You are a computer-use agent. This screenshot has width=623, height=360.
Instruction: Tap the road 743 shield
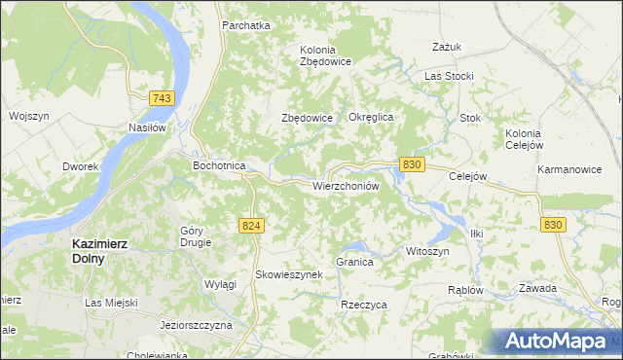[x=163, y=99]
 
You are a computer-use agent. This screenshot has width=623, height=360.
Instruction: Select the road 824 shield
[x=251, y=225]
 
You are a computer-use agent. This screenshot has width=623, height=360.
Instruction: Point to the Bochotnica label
[x=219, y=166]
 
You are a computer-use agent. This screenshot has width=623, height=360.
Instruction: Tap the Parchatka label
[x=245, y=25]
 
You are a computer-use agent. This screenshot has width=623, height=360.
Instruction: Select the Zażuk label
[x=445, y=46]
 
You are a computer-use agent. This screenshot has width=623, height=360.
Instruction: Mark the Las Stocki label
[x=449, y=76]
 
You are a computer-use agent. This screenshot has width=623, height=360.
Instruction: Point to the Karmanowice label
[x=568, y=169]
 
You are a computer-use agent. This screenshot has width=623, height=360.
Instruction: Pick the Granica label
[x=354, y=263]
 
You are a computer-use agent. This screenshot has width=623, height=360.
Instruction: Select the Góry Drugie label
[x=196, y=236]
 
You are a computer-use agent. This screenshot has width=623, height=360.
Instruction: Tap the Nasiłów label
[x=149, y=126]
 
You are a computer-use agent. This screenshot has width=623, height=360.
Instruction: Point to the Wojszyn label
[x=28, y=116]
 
